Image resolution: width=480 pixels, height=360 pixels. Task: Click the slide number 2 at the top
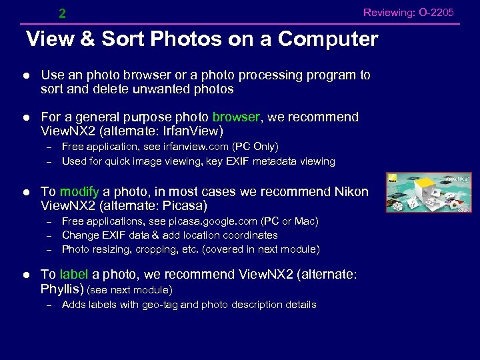[62, 13]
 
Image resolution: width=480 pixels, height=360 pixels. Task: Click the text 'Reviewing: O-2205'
[408, 13]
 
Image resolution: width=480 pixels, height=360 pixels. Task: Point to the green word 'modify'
[79, 192]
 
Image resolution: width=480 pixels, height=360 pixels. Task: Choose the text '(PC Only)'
[255, 147]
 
